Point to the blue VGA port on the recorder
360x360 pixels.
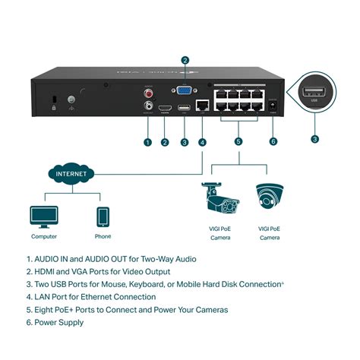pos(184,91)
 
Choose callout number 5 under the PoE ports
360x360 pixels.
pos(238,141)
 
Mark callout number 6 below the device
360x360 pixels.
pos(273,141)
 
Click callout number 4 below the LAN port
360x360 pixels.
pos(202,141)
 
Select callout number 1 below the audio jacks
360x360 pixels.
pos(147,141)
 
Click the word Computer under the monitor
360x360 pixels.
pos(43,237)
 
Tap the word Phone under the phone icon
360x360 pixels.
pos(103,237)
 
